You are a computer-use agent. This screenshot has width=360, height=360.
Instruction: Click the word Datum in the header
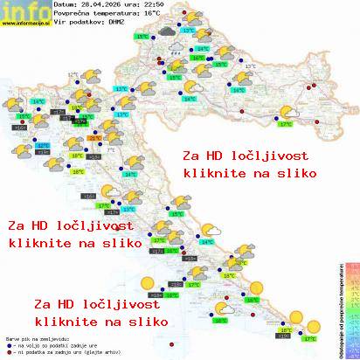(65, 6)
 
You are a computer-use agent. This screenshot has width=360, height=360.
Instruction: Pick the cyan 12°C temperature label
(42, 146)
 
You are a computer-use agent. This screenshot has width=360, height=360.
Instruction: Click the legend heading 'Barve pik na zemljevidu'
(34, 338)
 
